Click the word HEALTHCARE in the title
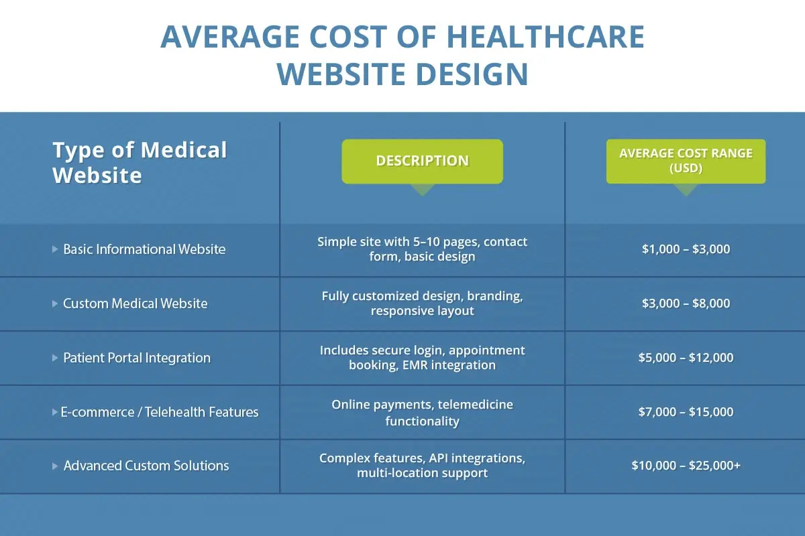click(545, 38)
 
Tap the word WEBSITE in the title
click(341, 74)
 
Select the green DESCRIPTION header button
click(422, 161)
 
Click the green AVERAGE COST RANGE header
click(686, 161)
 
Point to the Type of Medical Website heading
click(140, 162)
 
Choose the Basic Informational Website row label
click(144, 249)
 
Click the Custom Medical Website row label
click(135, 304)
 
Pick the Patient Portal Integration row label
click(136, 358)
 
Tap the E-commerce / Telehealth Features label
click(160, 412)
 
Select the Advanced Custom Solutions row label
click(146, 466)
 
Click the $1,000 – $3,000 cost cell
click(686, 249)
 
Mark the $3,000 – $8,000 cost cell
click(686, 304)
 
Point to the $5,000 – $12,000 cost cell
click(686, 358)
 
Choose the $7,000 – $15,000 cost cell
click(686, 412)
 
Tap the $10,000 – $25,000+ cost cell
click(686, 466)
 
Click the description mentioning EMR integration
click(422, 358)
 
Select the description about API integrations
click(422, 466)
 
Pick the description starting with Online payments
click(422, 413)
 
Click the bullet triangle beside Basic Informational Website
click(55, 249)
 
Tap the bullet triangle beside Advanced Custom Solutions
click(55, 466)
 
